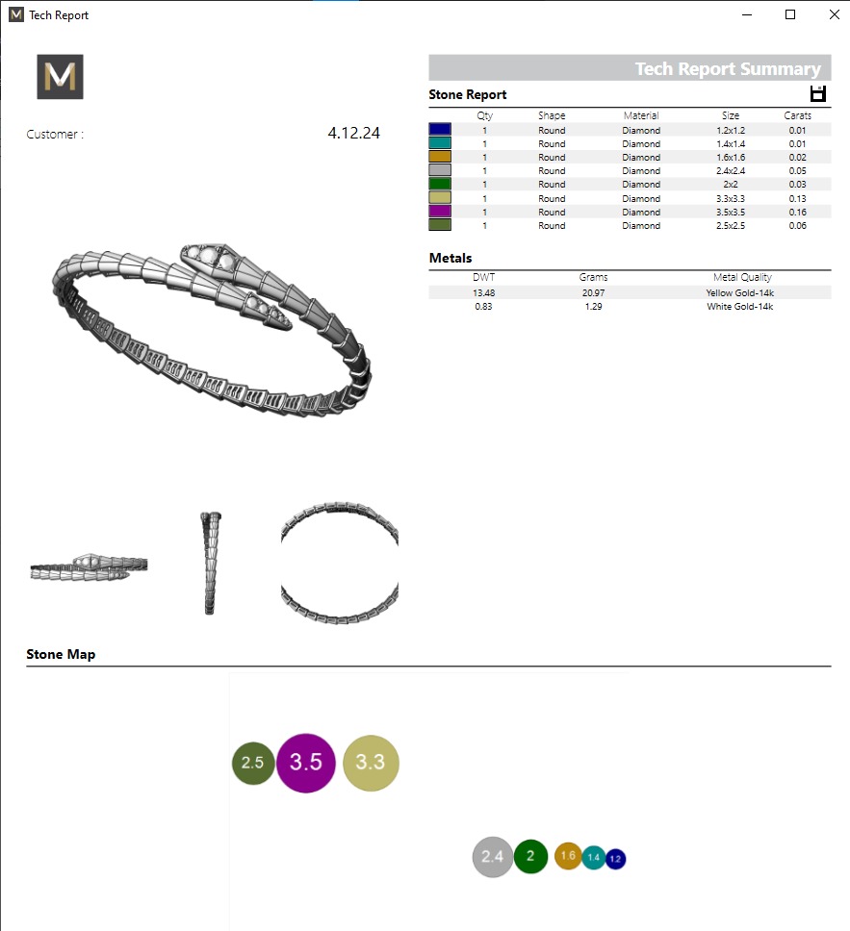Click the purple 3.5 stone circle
(x=305, y=763)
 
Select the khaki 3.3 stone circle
(x=371, y=763)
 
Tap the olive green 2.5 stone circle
(x=253, y=763)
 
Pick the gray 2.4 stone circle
(x=492, y=857)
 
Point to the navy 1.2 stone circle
(x=615, y=858)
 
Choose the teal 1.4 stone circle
(x=593, y=857)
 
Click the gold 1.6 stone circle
(x=568, y=856)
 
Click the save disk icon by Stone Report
(x=818, y=93)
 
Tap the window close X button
(x=834, y=14)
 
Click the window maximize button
(x=790, y=14)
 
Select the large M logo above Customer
(x=61, y=77)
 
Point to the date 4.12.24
(x=353, y=134)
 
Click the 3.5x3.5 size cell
(x=730, y=212)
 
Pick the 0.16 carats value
(x=797, y=212)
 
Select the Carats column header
(x=797, y=115)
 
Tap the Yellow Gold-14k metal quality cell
(x=738, y=292)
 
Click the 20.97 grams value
(x=594, y=292)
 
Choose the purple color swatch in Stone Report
(x=440, y=212)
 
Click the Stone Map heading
(x=61, y=654)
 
